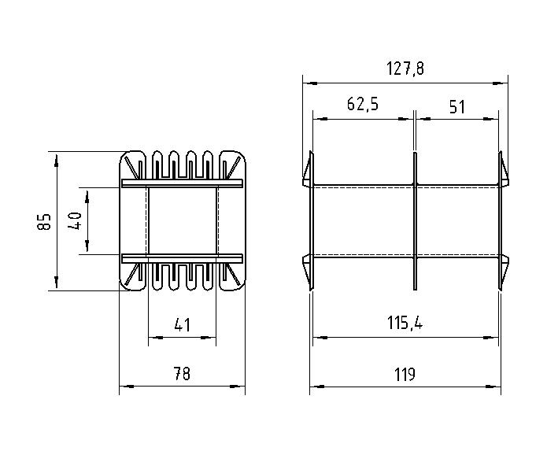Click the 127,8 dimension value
point(405,68)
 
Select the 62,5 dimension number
point(363,104)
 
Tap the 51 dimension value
point(457,107)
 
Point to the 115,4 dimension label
point(405,323)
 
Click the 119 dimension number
point(405,375)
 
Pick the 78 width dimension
point(182,374)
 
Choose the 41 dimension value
point(182,325)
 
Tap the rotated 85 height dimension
point(44,221)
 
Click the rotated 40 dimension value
point(75,221)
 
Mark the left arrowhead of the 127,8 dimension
point(310,83)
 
